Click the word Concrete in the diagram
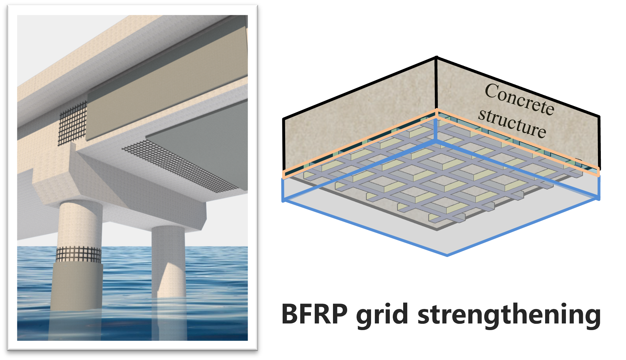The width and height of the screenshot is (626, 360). [519, 99]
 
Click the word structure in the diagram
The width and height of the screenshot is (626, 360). [512, 123]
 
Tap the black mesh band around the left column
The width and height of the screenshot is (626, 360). [79, 254]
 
